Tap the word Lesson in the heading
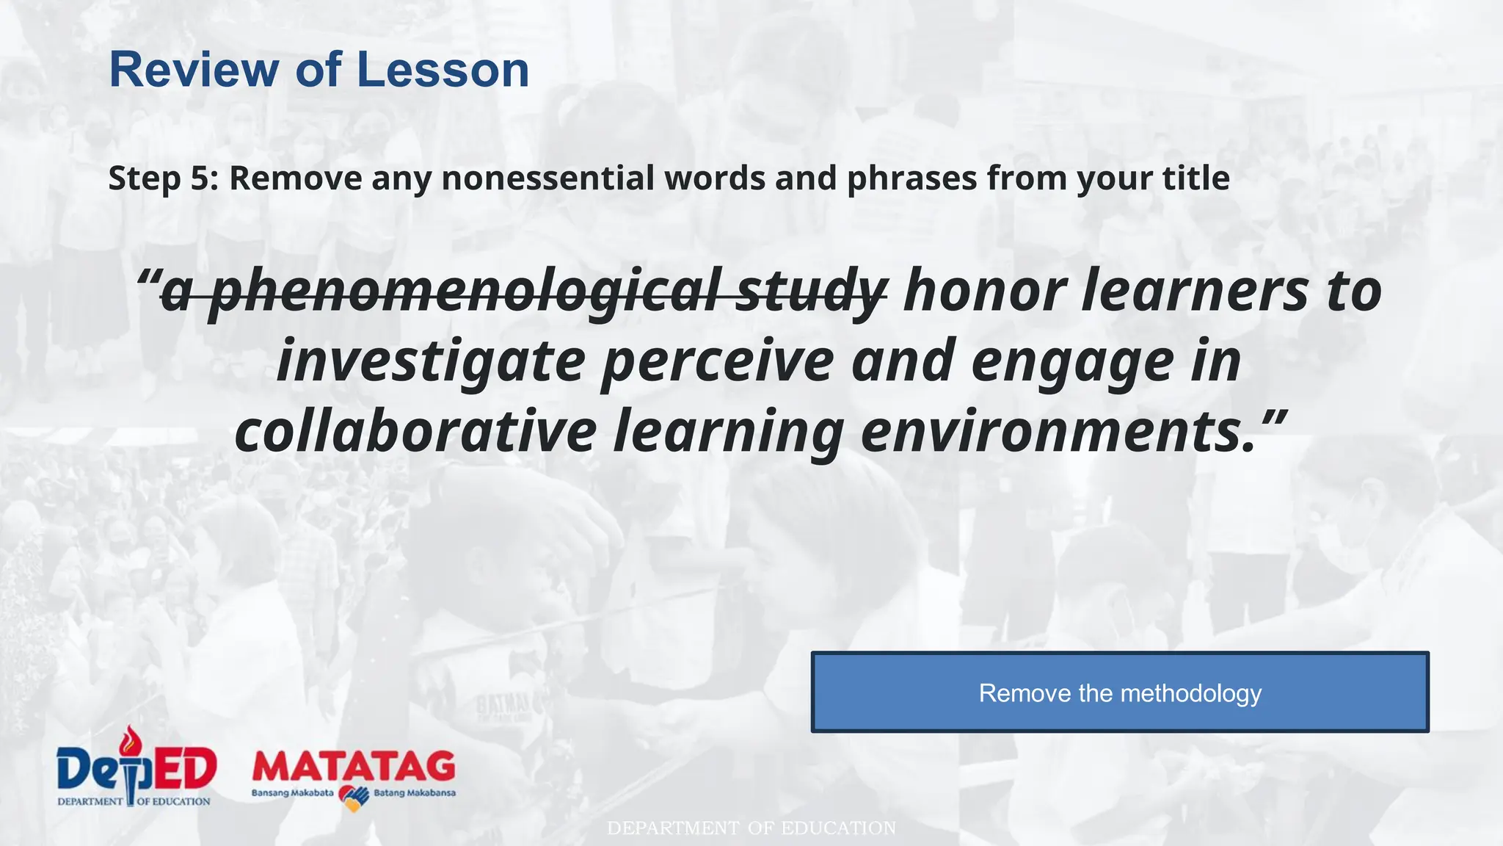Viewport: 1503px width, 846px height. [x=443, y=70]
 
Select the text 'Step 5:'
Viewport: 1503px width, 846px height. [x=164, y=178]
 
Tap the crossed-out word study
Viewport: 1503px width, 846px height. [x=811, y=292]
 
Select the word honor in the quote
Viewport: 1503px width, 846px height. [x=984, y=292]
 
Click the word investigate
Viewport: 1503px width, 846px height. [x=431, y=361]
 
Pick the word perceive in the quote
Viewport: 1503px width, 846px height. [x=718, y=361]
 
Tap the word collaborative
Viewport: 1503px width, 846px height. [x=415, y=431]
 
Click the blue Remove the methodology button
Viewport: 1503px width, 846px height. [x=1120, y=693]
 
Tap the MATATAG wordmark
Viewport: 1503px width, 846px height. [x=354, y=767]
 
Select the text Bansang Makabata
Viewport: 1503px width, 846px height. [x=292, y=793]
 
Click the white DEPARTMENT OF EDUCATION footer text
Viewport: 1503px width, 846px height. [x=751, y=828]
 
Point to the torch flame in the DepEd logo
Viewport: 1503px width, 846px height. [x=131, y=739]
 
